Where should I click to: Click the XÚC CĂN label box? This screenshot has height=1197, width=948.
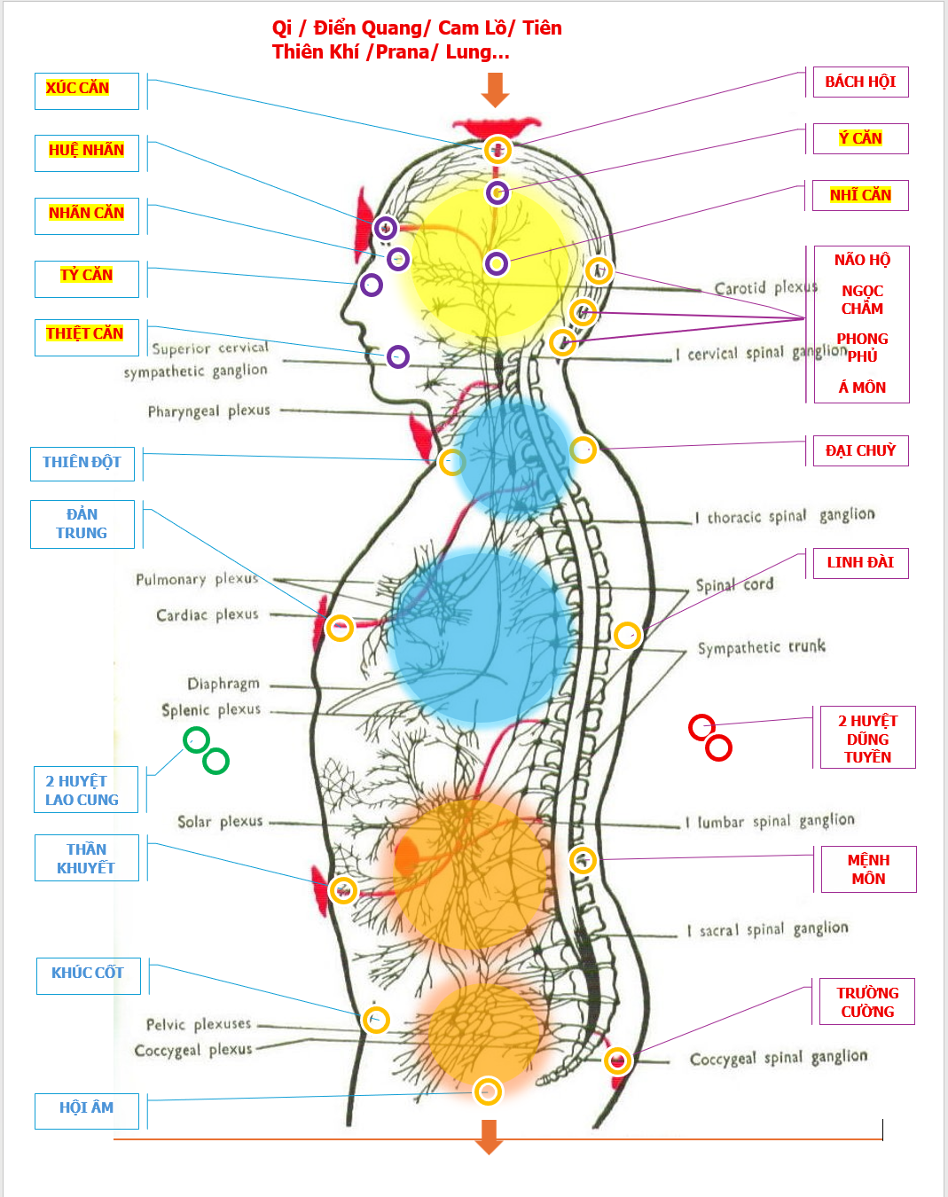click(87, 91)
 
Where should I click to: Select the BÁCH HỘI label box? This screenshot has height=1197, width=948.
click(860, 82)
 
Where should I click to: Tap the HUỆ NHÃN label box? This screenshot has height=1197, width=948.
click(87, 153)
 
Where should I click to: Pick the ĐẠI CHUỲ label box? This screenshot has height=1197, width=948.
click(860, 450)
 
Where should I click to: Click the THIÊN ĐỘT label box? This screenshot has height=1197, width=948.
click(82, 464)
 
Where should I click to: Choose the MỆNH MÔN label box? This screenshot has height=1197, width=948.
click(868, 869)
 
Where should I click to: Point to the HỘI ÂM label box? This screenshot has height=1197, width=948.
click(87, 1110)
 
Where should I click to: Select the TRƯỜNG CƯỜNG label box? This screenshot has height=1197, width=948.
click(867, 1002)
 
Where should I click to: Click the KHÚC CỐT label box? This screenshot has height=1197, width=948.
click(88, 975)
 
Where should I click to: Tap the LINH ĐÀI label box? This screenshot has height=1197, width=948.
click(860, 563)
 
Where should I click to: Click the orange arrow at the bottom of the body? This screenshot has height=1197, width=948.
click(489, 1136)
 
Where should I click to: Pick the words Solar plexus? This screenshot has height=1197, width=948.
click(220, 822)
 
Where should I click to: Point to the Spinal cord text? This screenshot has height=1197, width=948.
click(734, 584)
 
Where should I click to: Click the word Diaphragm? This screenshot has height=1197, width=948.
click(223, 684)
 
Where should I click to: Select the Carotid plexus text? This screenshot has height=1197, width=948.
click(765, 288)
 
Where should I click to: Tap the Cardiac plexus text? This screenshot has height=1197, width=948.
click(208, 614)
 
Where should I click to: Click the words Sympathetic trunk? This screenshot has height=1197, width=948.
click(761, 647)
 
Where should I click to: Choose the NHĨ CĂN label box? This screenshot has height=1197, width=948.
click(860, 196)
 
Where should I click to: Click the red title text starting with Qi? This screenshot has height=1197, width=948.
click(417, 40)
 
